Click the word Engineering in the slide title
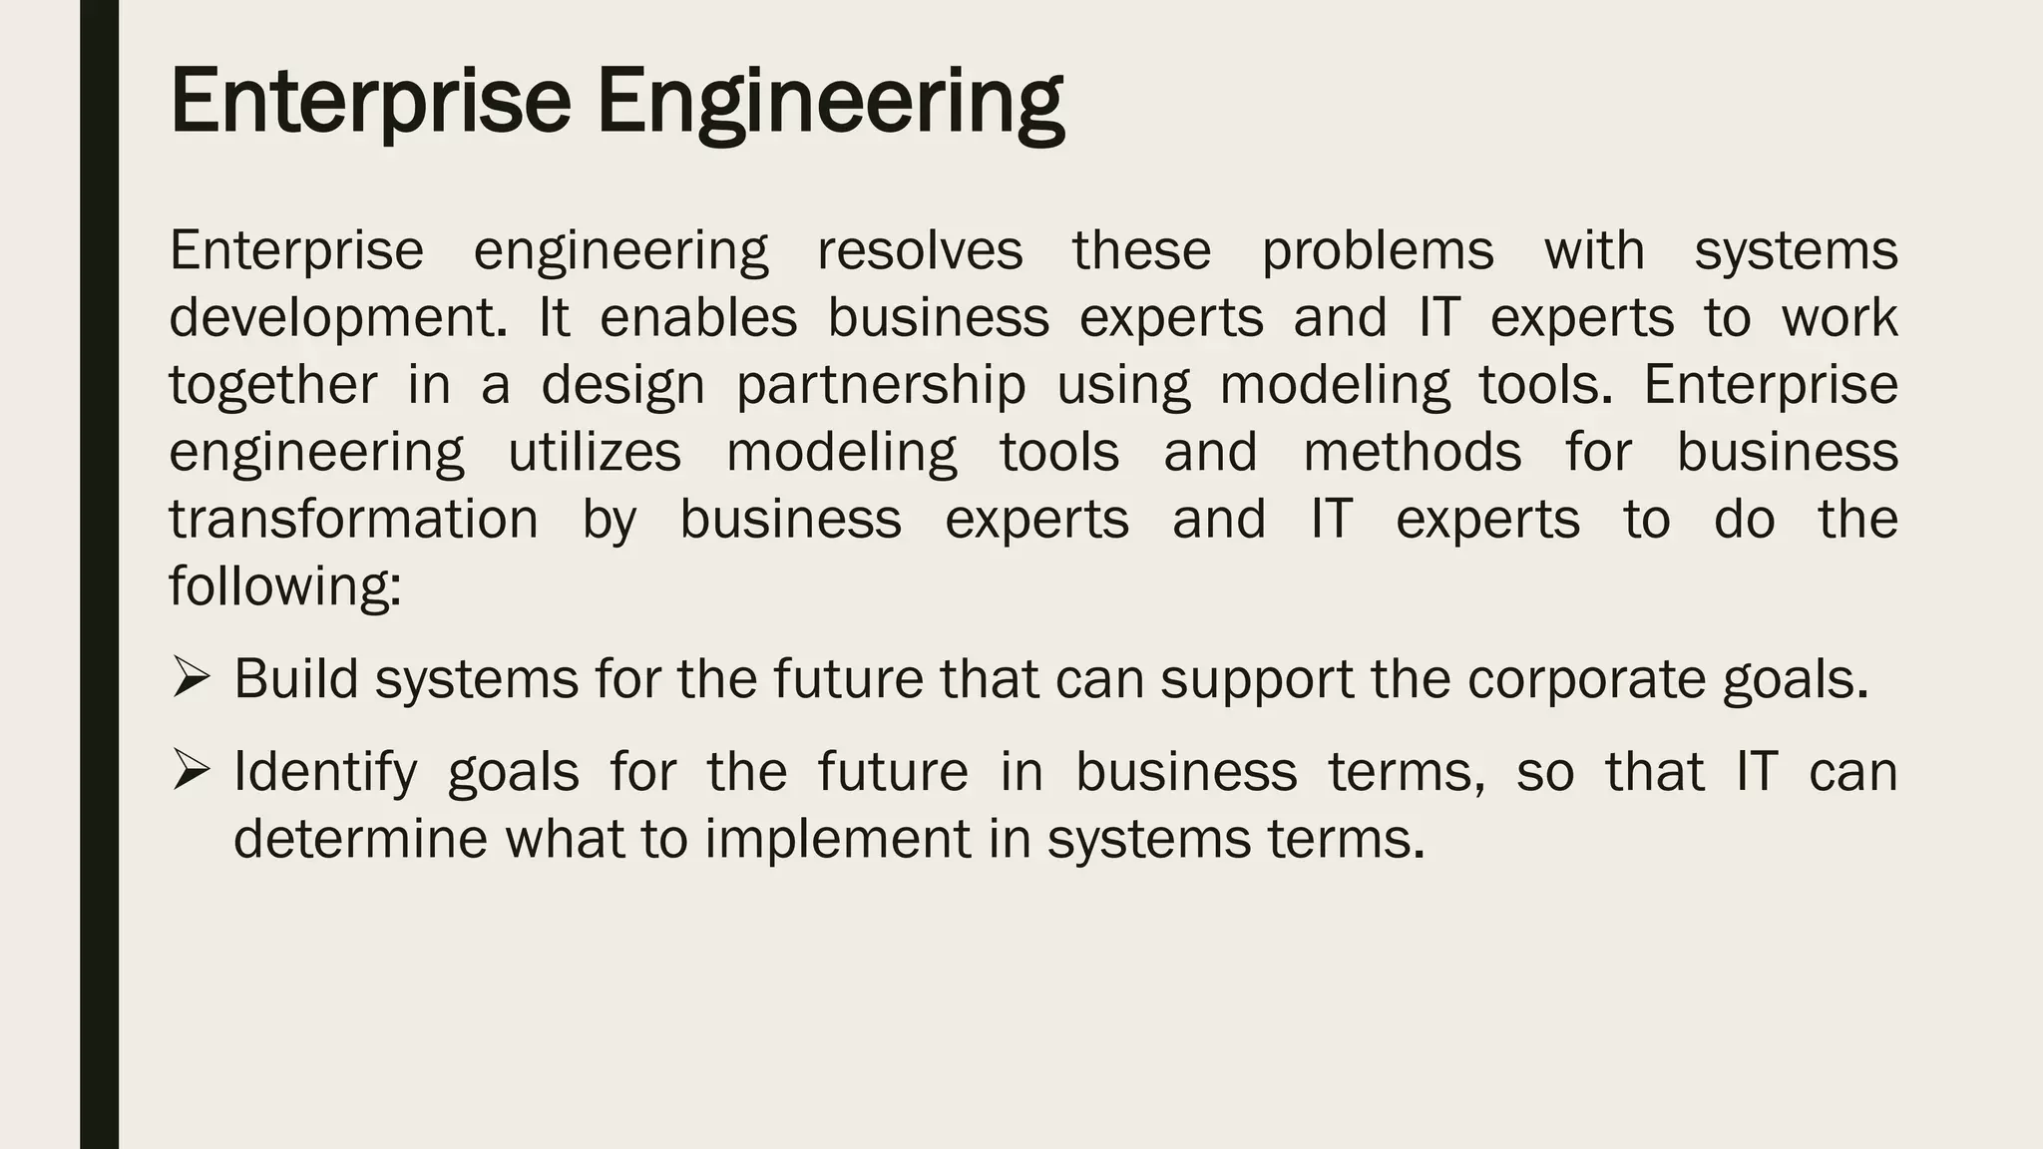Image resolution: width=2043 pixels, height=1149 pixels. [830, 102]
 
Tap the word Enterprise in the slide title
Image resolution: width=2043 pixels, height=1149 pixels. [370, 102]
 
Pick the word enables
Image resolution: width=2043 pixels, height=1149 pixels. [698, 317]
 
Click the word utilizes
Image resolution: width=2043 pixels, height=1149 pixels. [595, 452]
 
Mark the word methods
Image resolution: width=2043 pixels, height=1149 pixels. [1413, 452]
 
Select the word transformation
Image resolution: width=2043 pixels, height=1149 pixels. [353, 519]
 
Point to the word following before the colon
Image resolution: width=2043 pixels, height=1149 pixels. [283, 585]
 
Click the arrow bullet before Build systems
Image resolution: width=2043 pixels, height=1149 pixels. [190, 677]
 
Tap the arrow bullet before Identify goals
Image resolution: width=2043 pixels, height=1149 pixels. [190, 770]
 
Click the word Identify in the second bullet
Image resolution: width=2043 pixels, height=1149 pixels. [325, 772]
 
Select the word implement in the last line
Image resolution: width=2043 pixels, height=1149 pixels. [837, 838]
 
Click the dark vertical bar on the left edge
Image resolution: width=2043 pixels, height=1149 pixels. [99, 574]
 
